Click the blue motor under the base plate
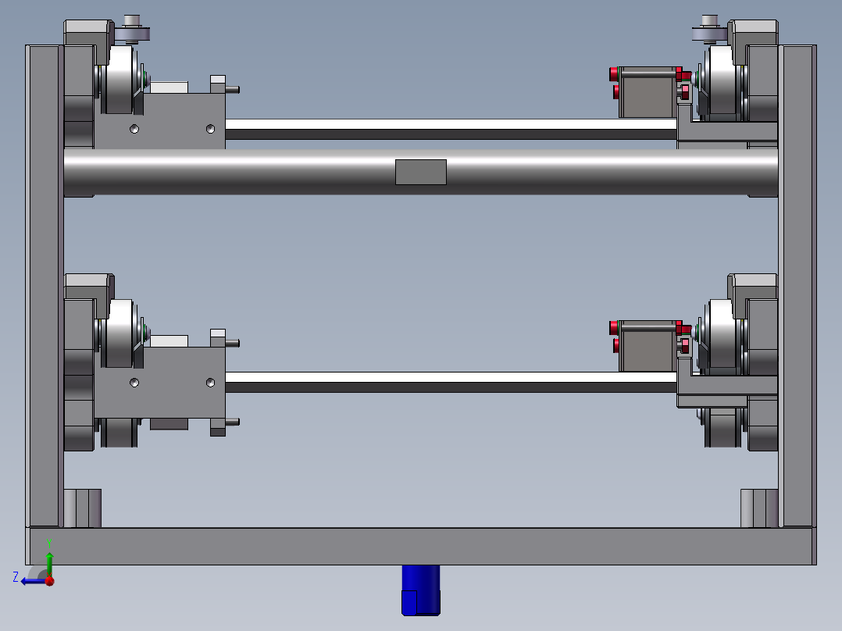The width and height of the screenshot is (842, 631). click(x=421, y=590)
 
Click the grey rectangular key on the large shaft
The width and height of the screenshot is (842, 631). click(x=421, y=172)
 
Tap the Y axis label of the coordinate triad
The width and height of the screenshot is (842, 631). click(x=49, y=543)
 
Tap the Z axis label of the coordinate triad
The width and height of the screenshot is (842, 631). click(x=16, y=577)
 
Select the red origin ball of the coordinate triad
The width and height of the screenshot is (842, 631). click(x=50, y=581)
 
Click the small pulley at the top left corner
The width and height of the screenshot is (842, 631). click(x=131, y=30)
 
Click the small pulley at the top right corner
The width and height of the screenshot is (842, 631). click(x=709, y=30)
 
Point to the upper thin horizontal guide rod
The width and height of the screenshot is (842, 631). click(x=451, y=130)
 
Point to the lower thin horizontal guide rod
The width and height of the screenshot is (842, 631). click(x=451, y=382)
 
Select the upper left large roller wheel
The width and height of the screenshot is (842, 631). click(x=120, y=80)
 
